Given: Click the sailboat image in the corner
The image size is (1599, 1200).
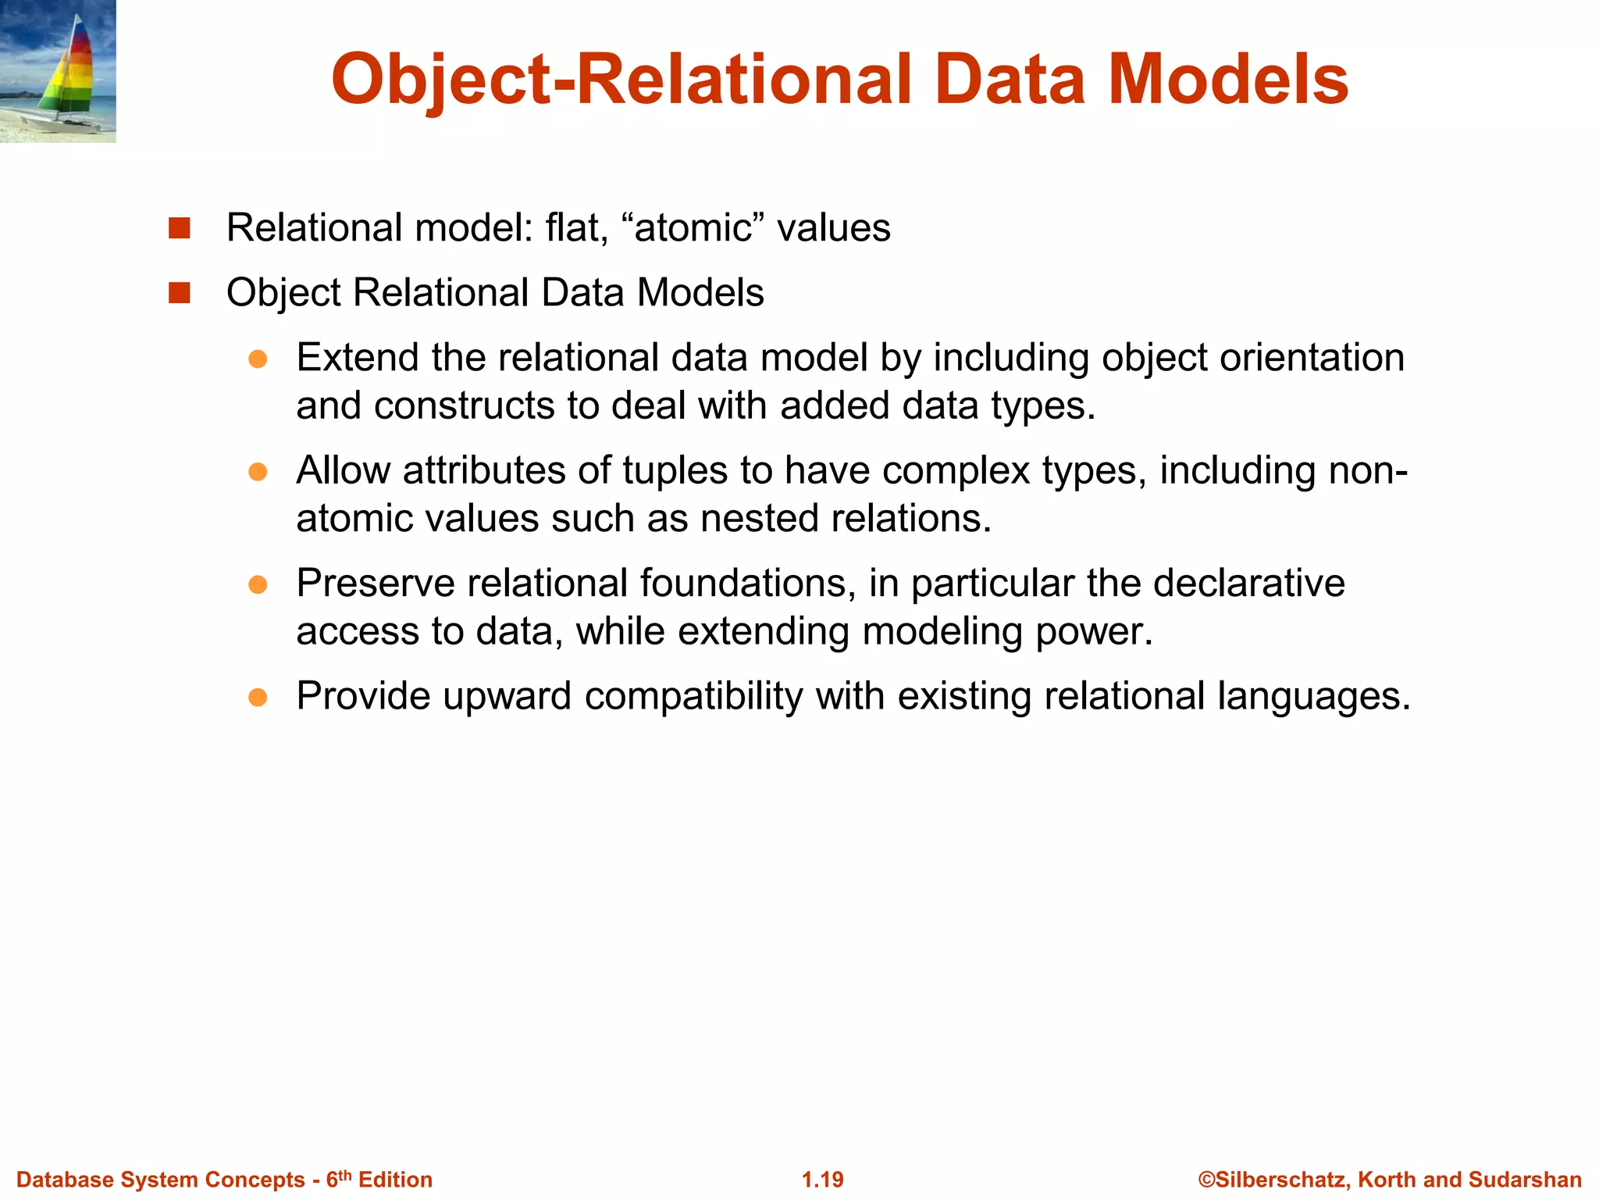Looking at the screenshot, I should point(58,71).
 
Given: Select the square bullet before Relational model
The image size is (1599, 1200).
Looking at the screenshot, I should point(180,228).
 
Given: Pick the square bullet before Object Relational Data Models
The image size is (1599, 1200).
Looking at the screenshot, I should point(180,293).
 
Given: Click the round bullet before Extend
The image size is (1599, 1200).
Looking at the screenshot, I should point(258,359).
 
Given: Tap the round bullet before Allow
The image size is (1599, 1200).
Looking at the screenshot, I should point(258,471).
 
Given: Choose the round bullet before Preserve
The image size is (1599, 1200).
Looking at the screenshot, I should point(258,584).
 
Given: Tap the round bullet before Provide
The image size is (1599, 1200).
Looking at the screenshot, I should point(258,697).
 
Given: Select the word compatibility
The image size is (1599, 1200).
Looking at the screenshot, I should point(693,697).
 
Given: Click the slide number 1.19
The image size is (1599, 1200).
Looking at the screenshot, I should point(823,1180).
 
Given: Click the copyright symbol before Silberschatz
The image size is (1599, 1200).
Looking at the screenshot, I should point(1206,1180).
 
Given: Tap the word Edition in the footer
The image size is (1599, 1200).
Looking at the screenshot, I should point(395,1180).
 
